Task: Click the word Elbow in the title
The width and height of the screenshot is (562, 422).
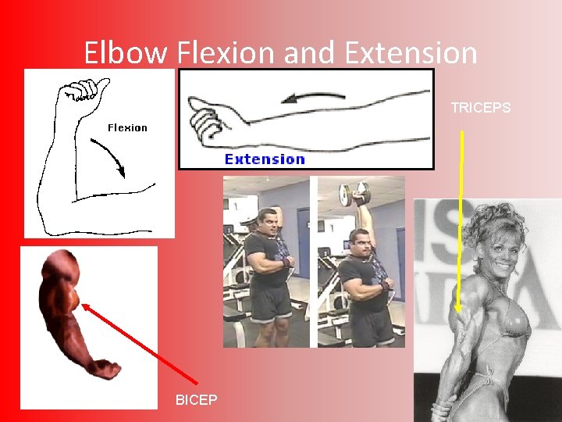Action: (x=126, y=53)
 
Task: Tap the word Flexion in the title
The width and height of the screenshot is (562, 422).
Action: (x=226, y=53)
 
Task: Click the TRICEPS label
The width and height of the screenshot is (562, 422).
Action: (x=481, y=108)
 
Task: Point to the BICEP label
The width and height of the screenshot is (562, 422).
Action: (x=197, y=400)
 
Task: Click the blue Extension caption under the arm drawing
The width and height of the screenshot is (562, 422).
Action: (x=265, y=159)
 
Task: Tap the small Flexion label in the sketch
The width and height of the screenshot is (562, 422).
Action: (x=126, y=128)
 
